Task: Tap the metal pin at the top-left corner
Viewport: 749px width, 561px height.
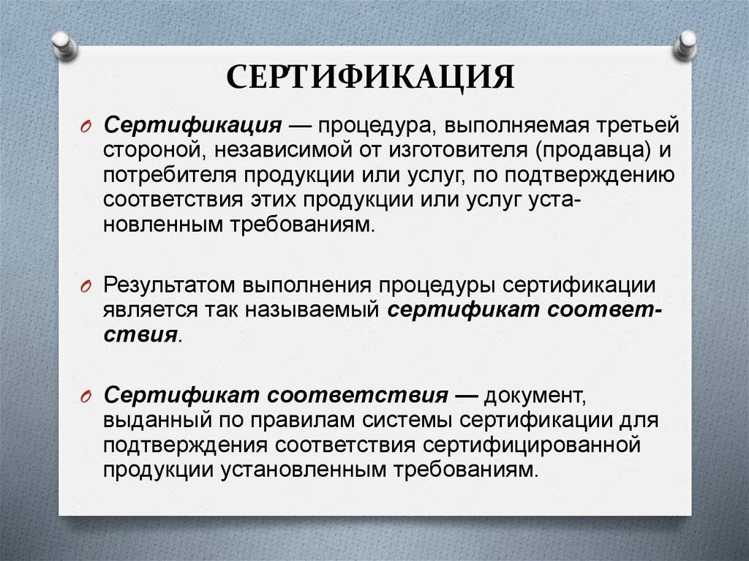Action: [64, 45]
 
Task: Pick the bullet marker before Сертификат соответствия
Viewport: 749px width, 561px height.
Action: [85, 396]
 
